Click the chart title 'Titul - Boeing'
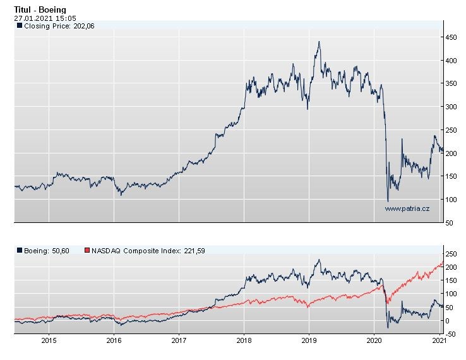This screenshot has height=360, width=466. [40, 10]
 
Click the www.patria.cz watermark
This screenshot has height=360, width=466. [407, 208]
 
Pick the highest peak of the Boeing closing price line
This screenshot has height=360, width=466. [319, 42]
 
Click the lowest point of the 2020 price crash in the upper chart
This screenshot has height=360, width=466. [388, 201]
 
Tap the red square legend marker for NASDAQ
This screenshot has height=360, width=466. [88, 251]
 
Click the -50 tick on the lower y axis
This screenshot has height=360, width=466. [451, 333]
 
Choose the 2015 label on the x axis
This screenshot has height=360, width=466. [49, 341]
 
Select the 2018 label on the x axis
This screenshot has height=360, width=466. [244, 341]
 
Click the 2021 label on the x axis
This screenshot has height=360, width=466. [438, 341]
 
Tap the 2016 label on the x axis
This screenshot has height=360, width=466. [114, 341]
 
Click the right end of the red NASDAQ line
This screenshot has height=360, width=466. [442, 262]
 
